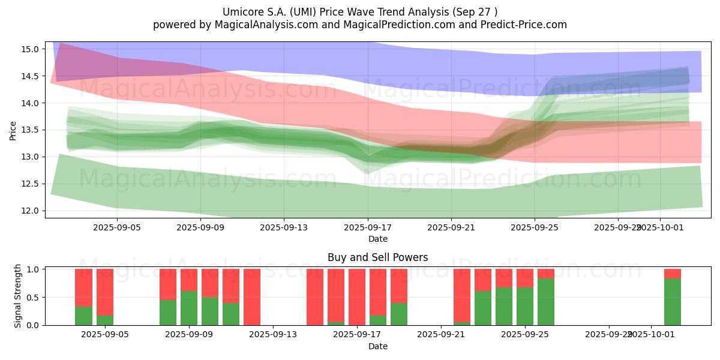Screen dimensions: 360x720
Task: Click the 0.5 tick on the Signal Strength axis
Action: pos(34,298)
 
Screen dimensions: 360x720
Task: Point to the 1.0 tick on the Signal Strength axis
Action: pos(34,269)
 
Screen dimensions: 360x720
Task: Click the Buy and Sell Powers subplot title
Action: pos(377,257)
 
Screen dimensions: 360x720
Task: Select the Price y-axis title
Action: pos(13,130)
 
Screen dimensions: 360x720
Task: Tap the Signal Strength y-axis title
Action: pos(18,296)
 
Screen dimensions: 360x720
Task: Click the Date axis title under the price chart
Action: pos(377,239)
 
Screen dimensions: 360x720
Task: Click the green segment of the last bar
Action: pos(672,302)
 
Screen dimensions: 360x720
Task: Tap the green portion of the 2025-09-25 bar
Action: pos(525,306)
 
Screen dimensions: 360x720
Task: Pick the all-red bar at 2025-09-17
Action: pos(357,297)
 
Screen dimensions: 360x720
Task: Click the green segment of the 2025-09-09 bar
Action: pos(189,308)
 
